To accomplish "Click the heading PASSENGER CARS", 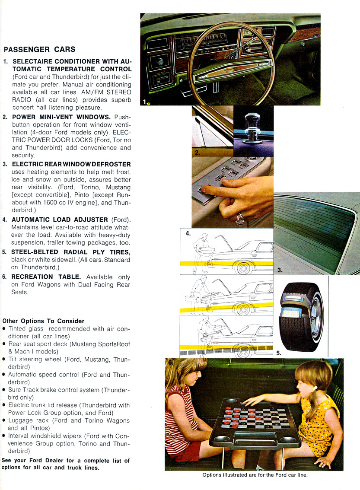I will click(x=39, y=49).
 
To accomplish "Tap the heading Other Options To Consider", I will click(x=43, y=321).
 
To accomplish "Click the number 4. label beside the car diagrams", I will click(x=188, y=233).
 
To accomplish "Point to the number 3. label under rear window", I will click(x=280, y=270).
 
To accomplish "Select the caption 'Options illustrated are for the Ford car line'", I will click(x=255, y=475).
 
